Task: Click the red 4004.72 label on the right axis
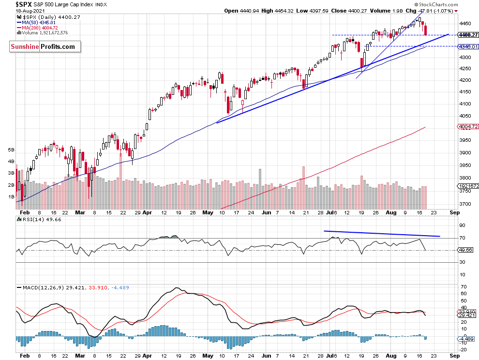467,127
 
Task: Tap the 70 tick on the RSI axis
462,238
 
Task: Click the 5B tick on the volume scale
11,150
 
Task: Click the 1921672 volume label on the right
468,186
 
